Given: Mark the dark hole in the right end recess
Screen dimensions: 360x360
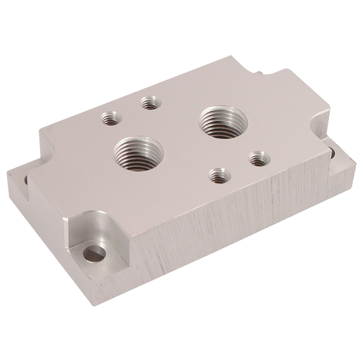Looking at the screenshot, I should pos(329,159).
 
